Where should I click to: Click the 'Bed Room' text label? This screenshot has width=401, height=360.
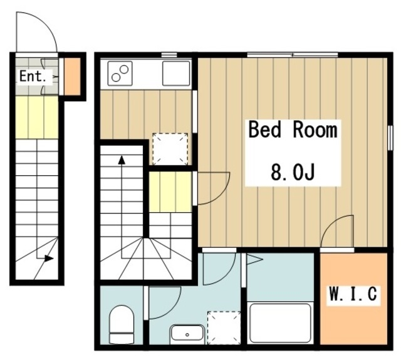[x=293, y=130]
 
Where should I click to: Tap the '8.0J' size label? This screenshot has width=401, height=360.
[x=293, y=172]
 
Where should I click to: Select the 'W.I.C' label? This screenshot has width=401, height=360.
[x=353, y=294]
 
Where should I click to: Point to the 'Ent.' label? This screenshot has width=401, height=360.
[x=33, y=76]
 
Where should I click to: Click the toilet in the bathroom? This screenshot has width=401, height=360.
[x=122, y=324]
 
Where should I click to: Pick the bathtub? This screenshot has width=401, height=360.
[x=280, y=322]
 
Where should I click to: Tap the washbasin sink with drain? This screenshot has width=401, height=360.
[x=187, y=334]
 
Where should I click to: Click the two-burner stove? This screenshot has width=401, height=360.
[x=120, y=73]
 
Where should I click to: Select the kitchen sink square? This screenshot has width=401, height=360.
[x=177, y=73]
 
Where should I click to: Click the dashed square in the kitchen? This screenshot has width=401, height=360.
[x=170, y=149]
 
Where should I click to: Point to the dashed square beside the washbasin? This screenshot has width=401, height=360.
[x=224, y=327]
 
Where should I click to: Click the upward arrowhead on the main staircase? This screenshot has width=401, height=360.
[x=122, y=160]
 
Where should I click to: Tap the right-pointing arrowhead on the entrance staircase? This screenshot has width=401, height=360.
[x=49, y=258]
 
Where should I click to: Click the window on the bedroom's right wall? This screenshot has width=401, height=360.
[x=390, y=138]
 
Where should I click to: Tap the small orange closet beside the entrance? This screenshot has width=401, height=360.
[x=72, y=76]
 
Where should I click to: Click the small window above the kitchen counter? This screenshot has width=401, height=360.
[x=169, y=55]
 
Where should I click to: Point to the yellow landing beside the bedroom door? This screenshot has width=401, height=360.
[x=170, y=192]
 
